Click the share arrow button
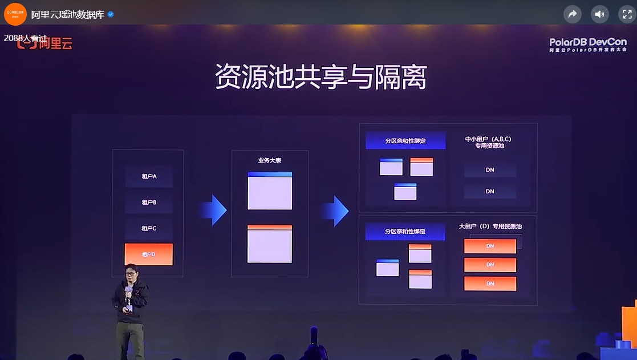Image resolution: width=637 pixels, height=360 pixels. (572, 14)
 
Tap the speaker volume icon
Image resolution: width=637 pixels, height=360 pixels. (599, 14)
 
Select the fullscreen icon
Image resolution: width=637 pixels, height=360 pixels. (627, 14)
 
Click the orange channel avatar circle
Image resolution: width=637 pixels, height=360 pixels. (15, 14)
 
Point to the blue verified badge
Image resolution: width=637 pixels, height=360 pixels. (111, 14)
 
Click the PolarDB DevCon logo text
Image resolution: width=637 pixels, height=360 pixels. (587, 42)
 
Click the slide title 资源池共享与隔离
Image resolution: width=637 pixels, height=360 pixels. (320, 78)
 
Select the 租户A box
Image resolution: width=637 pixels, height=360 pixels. (149, 176)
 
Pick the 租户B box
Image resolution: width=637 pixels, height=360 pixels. (149, 203)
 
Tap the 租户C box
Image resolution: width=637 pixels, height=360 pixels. (149, 228)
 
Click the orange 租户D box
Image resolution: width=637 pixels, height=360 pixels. (148, 254)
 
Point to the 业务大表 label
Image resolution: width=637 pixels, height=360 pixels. (269, 160)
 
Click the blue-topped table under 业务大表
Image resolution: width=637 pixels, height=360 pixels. (270, 191)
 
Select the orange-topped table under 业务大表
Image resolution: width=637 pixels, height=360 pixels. (270, 244)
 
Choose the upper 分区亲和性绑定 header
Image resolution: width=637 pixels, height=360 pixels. (405, 140)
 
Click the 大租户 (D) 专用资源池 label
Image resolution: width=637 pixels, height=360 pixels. (490, 226)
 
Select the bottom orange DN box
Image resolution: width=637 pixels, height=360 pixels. (490, 284)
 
